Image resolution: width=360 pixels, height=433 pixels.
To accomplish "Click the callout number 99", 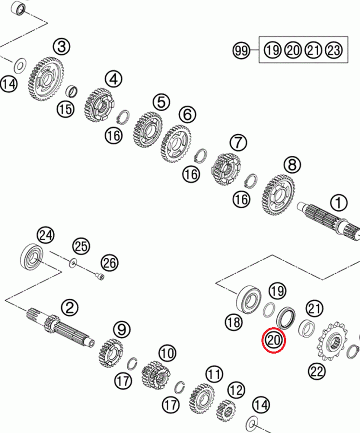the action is [241, 50].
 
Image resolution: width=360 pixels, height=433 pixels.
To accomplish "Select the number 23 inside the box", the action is [334, 50].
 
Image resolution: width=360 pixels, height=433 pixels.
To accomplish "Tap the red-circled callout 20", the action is [273, 340].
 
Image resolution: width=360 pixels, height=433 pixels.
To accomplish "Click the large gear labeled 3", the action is [46, 79].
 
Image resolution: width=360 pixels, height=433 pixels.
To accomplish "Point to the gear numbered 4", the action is [99, 104].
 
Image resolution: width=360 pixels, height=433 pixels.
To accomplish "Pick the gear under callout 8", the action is [278, 195].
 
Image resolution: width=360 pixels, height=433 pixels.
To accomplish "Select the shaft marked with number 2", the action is [61, 327].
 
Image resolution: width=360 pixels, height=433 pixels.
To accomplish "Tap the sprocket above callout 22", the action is [333, 341].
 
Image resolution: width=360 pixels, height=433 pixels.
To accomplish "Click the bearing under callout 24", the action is [32, 256].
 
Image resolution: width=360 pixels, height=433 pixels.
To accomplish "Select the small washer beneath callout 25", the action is [73, 262].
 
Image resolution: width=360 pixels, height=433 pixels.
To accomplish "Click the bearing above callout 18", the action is [249, 300].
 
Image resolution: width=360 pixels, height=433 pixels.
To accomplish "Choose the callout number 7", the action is [238, 143].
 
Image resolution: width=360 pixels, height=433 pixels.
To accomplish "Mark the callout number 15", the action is [66, 110].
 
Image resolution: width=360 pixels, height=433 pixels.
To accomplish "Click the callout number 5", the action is [161, 102].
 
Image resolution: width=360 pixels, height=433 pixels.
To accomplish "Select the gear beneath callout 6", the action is [176, 144].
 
